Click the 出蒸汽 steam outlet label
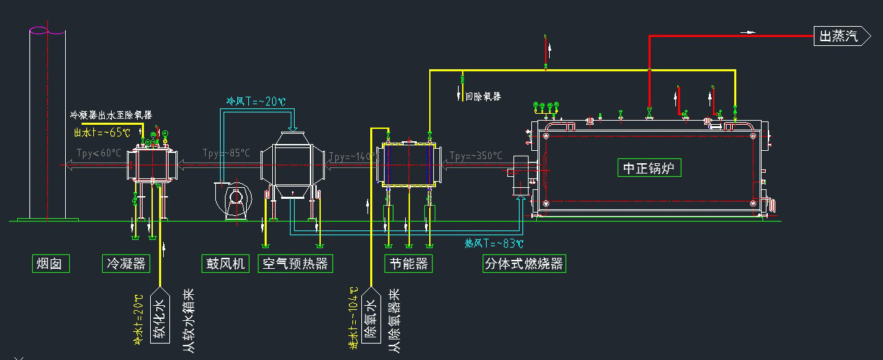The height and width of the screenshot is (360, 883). [838, 36]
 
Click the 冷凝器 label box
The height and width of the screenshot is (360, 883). [125, 263]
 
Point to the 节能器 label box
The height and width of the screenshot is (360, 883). [409, 263]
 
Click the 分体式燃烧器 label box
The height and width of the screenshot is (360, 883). [524, 263]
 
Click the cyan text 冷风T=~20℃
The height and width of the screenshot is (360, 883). [256, 101]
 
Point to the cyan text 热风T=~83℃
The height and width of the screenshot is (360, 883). [494, 243]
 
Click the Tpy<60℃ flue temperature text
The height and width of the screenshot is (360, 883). [98, 153]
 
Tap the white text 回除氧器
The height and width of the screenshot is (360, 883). [483, 97]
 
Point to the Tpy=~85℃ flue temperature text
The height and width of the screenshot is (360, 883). [226, 153]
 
